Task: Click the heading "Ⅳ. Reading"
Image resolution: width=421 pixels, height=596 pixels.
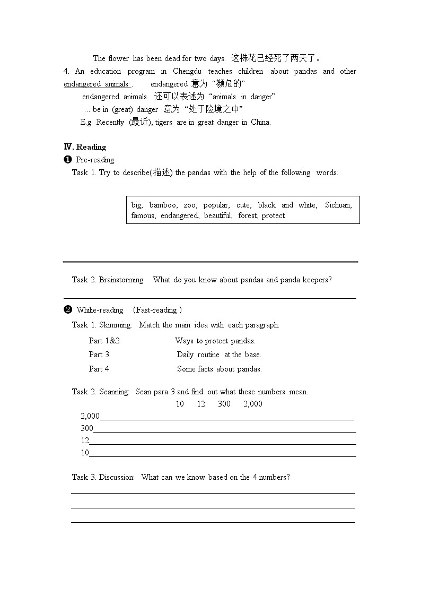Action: point(85,147)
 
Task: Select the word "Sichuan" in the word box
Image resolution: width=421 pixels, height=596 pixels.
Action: point(338,205)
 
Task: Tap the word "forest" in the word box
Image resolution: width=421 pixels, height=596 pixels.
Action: point(247,215)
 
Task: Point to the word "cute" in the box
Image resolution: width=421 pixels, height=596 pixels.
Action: point(243,205)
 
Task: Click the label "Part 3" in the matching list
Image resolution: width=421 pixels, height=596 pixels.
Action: point(99,355)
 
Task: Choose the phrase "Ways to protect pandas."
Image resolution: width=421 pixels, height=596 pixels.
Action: point(215,341)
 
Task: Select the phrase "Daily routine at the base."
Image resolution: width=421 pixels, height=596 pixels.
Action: point(219,355)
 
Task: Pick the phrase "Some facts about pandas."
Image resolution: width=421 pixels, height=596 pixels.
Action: point(220,369)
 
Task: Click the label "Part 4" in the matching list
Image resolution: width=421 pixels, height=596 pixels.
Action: point(99,369)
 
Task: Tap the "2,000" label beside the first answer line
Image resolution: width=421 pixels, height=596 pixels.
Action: point(90,416)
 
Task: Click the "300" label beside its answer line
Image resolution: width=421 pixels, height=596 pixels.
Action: point(87,428)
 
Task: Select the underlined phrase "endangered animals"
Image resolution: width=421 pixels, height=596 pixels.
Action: point(97,84)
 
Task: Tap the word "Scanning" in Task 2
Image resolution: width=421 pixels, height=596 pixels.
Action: point(114,392)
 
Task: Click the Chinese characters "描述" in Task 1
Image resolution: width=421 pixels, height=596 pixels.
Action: point(161,172)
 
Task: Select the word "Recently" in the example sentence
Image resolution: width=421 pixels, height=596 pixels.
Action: point(110,122)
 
